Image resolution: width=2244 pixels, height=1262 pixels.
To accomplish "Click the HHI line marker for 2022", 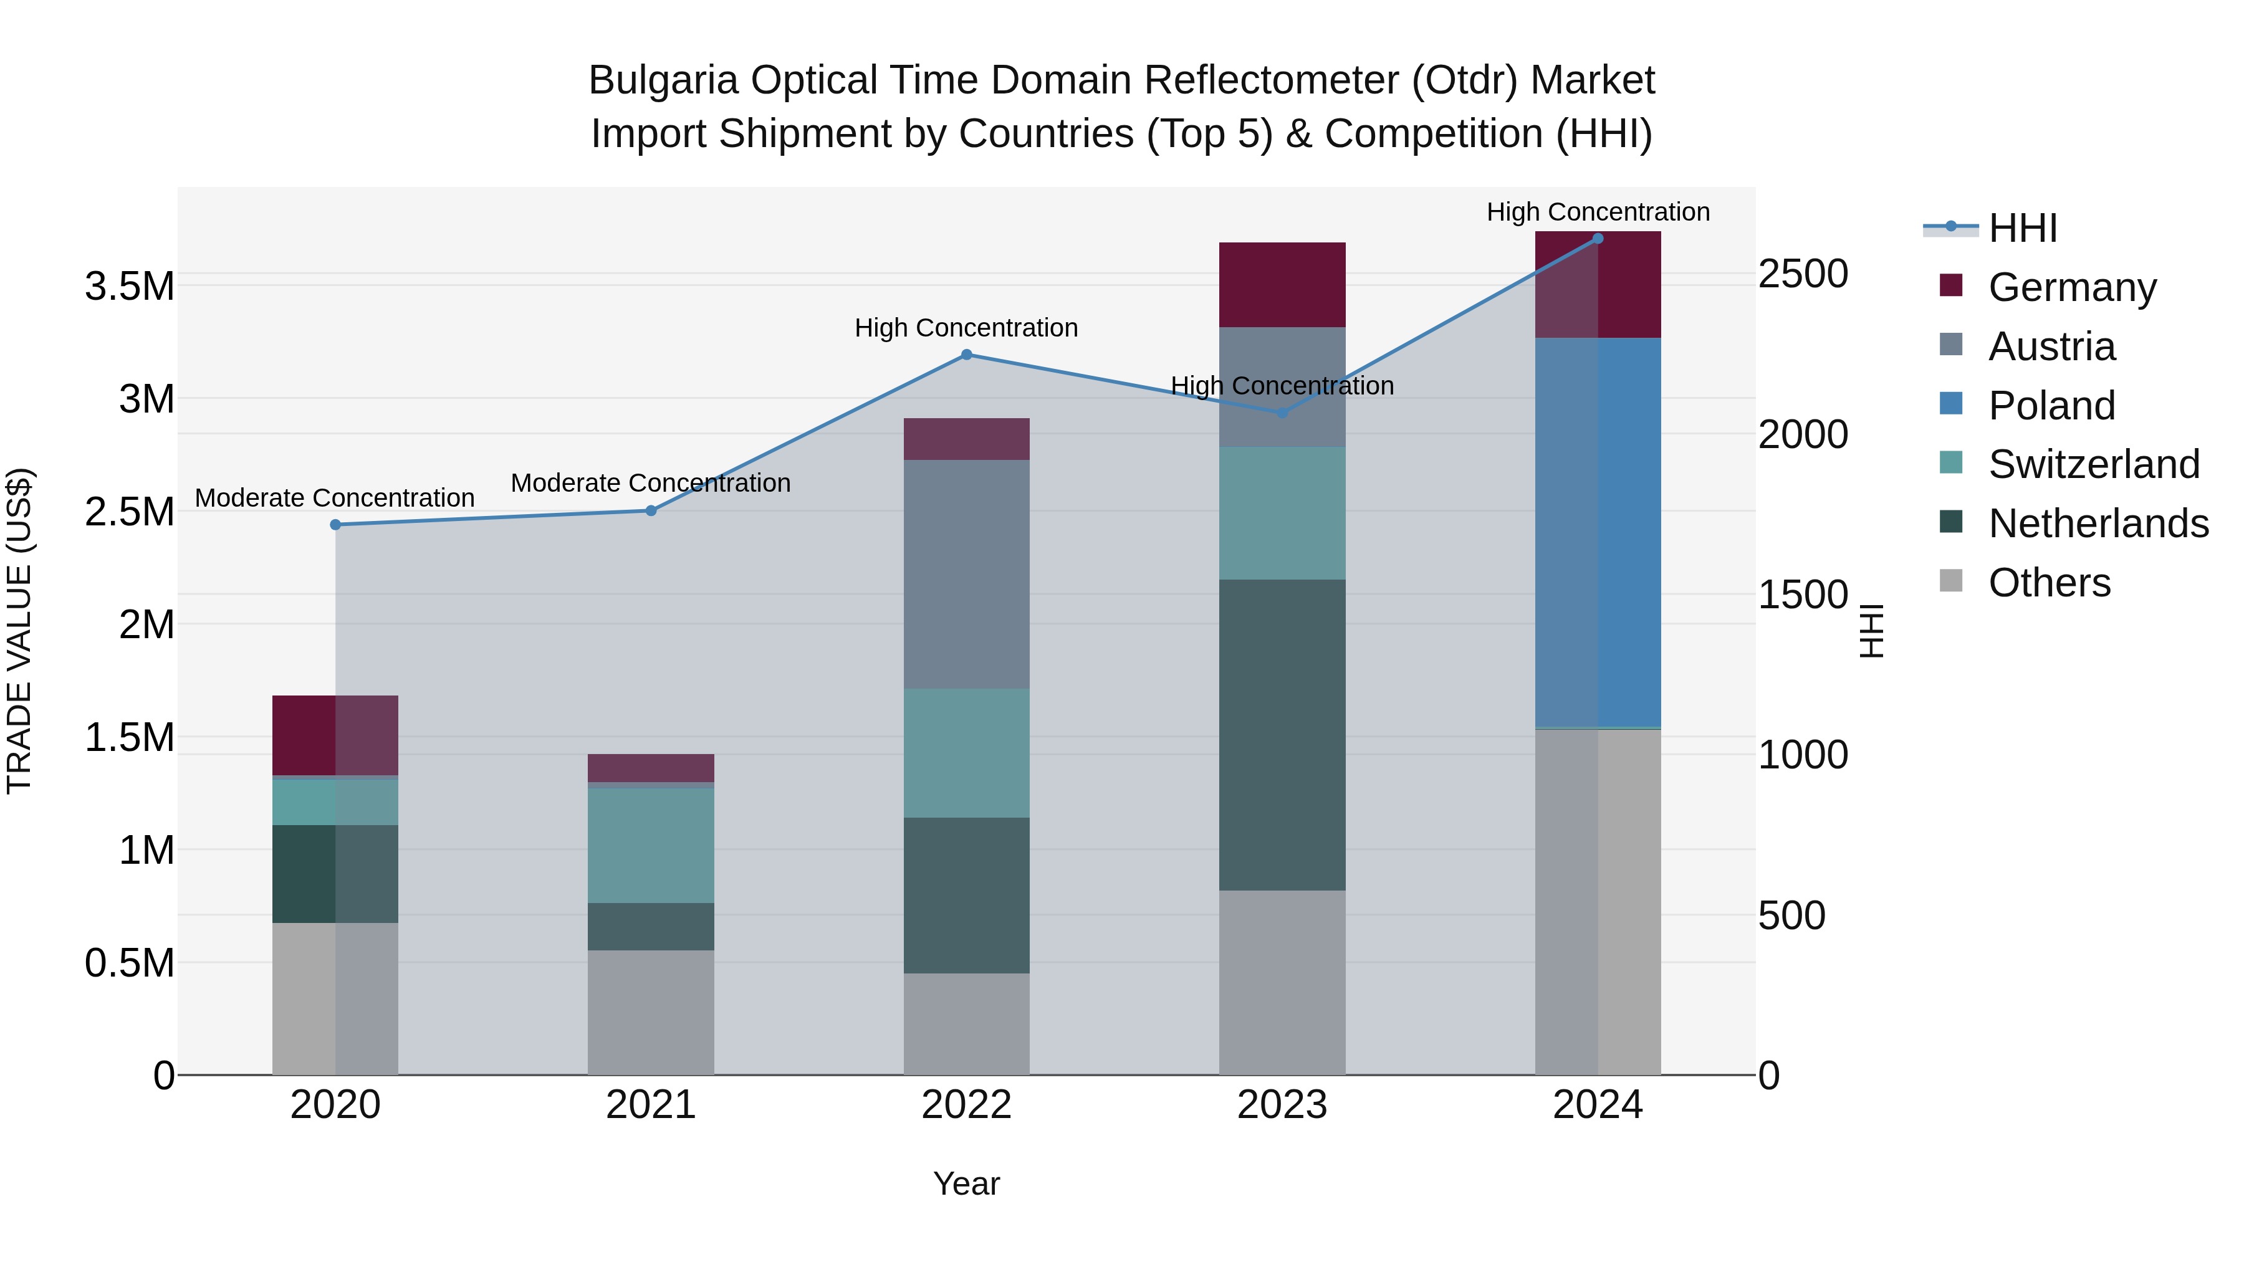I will click(966, 355).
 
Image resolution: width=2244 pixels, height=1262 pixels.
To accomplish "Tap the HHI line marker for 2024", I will click(1598, 239).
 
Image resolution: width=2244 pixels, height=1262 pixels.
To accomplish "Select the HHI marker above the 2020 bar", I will click(335, 524).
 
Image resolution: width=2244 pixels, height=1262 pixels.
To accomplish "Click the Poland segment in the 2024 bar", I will click(1598, 531).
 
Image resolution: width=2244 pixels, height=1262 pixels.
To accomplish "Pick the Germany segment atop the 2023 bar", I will click(1282, 285).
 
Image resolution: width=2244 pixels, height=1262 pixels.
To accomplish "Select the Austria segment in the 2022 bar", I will click(966, 574).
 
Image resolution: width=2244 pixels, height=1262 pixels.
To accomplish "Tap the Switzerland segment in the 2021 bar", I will click(651, 845).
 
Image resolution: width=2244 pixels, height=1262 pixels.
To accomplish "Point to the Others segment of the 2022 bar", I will click(966, 1023).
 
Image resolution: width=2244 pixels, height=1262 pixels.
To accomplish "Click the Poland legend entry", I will click(2051, 406).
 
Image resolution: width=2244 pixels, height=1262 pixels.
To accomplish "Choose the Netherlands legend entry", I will click(2098, 523).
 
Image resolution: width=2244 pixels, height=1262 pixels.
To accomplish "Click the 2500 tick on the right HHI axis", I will click(1802, 274).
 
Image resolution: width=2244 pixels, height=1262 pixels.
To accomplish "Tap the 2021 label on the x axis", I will click(651, 1105).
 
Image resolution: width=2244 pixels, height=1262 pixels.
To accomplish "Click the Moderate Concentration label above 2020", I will click(335, 498).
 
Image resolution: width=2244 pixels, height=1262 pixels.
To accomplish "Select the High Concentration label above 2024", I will click(1598, 212).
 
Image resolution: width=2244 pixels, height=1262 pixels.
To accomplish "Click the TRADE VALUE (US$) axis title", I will click(19, 631).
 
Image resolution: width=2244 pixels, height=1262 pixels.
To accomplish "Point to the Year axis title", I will click(966, 1183).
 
